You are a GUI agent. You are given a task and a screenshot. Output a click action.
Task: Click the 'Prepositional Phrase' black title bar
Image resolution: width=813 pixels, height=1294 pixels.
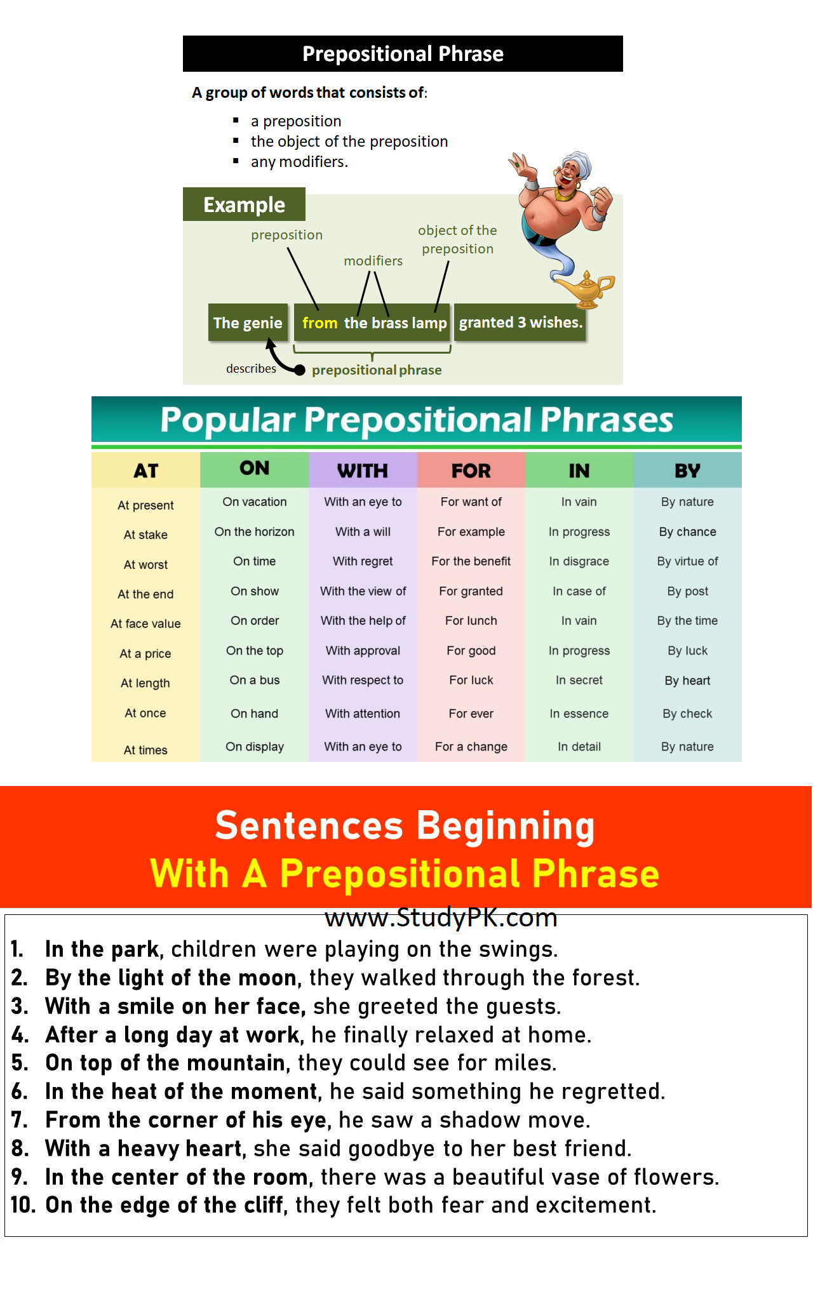(x=403, y=53)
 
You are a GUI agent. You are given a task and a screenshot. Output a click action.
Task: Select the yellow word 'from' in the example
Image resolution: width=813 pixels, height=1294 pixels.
(x=319, y=323)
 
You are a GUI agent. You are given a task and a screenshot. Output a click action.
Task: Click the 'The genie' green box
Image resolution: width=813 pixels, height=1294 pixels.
(x=248, y=323)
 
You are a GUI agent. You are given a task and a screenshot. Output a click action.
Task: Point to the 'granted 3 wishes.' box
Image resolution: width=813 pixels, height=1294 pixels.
(x=520, y=323)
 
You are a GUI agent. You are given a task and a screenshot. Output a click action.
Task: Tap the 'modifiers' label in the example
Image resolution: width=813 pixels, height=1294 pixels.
(x=373, y=260)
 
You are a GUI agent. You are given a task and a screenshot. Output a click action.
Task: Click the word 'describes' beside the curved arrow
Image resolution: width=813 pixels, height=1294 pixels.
(x=251, y=368)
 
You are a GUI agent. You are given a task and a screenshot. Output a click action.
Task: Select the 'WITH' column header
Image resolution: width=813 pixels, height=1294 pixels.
(x=363, y=470)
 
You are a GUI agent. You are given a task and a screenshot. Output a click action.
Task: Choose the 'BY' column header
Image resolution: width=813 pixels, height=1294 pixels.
(x=687, y=470)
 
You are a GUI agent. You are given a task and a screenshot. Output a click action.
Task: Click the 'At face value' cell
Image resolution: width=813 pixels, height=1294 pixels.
(x=145, y=624)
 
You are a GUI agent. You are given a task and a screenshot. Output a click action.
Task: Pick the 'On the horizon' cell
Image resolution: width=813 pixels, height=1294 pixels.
(x=254, y=531)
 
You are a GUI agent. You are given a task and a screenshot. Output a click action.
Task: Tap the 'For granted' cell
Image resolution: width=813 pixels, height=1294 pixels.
(x=471, y=591)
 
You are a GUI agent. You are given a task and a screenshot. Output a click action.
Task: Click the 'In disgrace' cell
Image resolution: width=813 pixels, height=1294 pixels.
(x=579, y=561)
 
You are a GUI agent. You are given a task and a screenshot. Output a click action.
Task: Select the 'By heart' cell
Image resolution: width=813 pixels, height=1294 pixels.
(x=687, y=681)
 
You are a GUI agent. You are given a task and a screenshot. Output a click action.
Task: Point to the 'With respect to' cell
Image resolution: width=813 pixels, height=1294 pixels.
(x=363, y=680)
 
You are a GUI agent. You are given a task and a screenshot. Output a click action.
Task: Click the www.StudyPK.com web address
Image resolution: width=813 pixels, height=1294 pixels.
(x=441, y=917)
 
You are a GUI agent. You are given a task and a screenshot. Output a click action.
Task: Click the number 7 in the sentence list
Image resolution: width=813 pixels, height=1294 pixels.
(x=18, y=1120)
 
